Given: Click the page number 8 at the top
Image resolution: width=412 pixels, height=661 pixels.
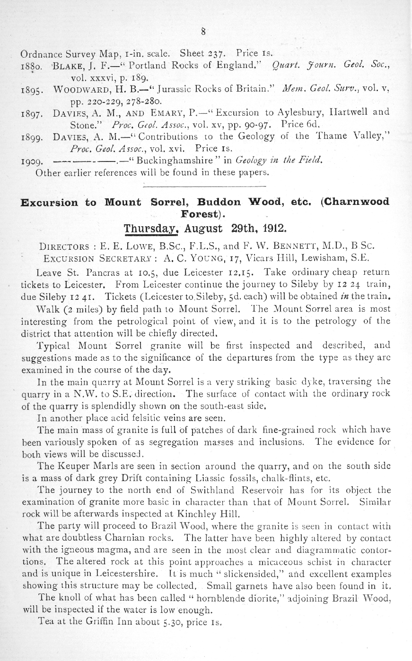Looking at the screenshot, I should (203, 32).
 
